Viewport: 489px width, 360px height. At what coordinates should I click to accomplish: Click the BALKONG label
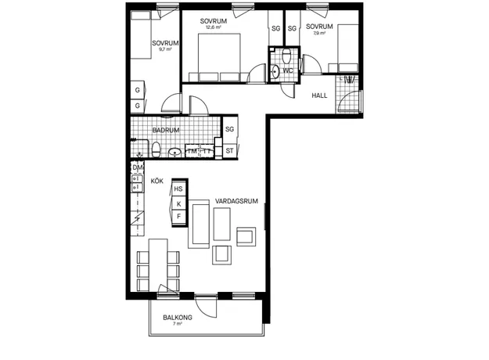178,318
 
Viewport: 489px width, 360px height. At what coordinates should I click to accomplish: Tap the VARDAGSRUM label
236,201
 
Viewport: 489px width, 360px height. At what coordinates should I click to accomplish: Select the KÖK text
156,181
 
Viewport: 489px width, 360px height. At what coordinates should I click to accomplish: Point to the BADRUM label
166,130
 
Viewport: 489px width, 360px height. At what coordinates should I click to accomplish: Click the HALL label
319,95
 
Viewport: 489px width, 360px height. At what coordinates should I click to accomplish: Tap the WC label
288,70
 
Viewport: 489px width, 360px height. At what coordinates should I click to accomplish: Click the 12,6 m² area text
214,27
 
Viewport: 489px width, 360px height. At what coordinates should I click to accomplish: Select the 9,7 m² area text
165,49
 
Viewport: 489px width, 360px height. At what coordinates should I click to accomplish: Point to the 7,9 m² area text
319,33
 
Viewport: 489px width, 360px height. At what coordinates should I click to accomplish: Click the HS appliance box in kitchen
178,189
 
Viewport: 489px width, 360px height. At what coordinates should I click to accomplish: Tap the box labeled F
178,216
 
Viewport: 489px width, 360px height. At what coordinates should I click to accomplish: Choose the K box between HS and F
178,203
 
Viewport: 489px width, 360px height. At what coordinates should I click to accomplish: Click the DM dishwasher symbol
137,167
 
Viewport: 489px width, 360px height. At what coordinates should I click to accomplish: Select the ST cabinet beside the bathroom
230,151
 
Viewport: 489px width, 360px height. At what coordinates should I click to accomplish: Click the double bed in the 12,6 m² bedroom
219,57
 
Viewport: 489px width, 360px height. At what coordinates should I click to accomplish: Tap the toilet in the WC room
286,56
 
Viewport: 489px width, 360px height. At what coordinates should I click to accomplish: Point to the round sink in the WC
275,71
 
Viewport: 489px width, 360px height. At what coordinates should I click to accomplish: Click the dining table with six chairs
158,265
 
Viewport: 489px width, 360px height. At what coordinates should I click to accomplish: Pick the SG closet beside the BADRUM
230,129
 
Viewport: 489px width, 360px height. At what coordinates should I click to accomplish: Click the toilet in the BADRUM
156,149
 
